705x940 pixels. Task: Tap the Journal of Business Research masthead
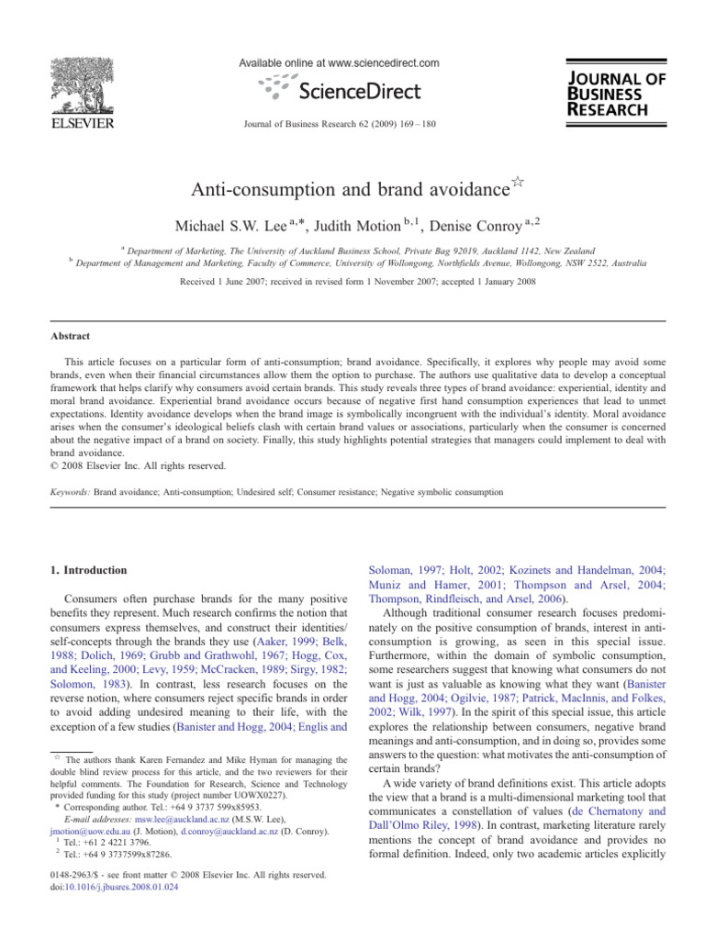[x=616, y=94]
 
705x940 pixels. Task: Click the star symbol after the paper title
[x=519, y=183]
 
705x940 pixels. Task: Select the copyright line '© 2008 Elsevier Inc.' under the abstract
[x=128, y=465]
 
